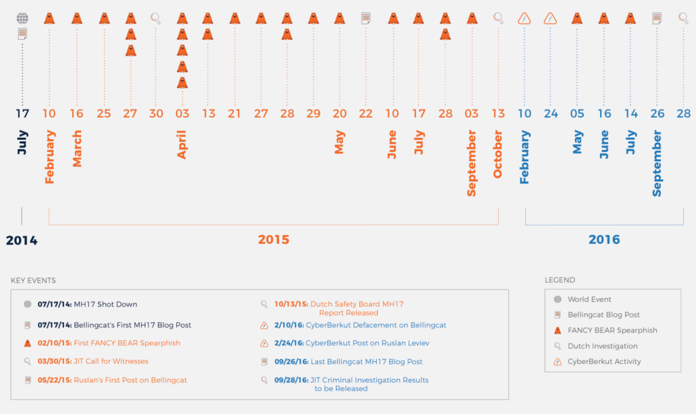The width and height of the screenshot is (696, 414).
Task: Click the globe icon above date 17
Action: [x=22, y=18]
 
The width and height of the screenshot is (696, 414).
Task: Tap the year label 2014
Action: [x=22, y=240]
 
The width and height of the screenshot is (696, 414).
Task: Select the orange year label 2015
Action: [x=274, y=240]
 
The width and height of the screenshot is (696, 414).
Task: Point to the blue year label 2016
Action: [x=604, y=240]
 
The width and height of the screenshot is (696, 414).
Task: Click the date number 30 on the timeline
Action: [x=156, y=113]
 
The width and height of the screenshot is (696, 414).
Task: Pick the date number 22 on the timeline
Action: [x=366, y=113]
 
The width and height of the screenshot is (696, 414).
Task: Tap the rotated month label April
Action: [x=182, y=145]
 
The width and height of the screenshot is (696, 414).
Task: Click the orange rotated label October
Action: [x=498, y=155]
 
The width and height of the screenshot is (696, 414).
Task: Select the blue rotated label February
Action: [x=524, y=157]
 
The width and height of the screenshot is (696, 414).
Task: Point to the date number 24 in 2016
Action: [x=551, y=113]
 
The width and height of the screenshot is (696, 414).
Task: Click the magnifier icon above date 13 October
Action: [x=498, y=18]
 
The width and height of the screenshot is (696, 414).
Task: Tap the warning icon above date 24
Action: [x=551, y=18]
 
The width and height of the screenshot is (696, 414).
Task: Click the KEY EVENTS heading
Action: [x=33, y=280]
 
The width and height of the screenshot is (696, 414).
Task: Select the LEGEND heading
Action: [x=560, y=280]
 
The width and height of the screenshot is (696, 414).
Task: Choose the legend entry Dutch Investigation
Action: [x=602, y=346]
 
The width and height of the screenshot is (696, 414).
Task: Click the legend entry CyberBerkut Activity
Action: [x=604, y=361]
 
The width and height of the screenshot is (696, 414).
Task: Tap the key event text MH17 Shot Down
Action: [x=105, y=305]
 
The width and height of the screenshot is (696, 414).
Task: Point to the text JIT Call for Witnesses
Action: [x=111, y=361]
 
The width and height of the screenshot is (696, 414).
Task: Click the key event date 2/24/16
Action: [x=291, y=343]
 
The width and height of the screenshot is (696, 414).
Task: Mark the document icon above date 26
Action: [x=657, y=18]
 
